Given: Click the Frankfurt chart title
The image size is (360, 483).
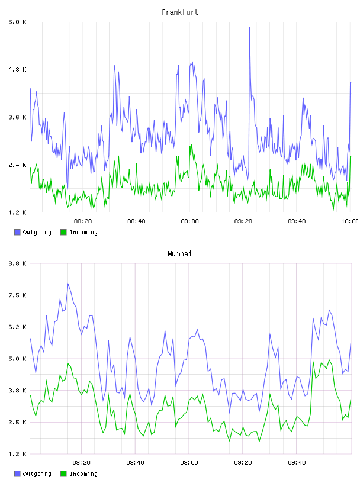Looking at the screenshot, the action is coord(180,12).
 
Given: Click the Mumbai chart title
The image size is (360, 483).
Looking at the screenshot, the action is coord(179,254).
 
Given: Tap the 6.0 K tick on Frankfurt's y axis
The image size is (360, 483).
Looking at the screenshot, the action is coord(17,22).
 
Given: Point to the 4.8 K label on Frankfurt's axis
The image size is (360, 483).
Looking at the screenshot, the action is coord(17,70).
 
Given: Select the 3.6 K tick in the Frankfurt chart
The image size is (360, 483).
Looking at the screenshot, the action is coord(17,117).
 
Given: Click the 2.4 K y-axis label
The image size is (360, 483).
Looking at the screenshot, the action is coord(17,165).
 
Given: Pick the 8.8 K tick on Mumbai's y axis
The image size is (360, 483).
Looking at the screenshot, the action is coord(17,263).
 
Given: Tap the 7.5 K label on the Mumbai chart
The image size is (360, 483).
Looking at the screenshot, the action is coord(17,295).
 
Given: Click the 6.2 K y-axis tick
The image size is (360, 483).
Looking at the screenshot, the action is coord(17,327).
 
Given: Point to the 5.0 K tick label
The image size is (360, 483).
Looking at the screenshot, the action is coord(17,359).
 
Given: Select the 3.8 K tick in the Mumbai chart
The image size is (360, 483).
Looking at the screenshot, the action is coord(17,391).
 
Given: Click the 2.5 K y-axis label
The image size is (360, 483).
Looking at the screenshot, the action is coord(17,422).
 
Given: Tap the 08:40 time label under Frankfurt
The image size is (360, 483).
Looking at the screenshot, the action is coord(136,221).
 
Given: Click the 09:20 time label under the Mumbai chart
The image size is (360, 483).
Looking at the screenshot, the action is coord(243,463).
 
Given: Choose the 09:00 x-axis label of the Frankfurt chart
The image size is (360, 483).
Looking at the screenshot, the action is coord(190,221).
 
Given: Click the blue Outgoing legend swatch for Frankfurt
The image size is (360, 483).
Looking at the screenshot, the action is coord(17,232).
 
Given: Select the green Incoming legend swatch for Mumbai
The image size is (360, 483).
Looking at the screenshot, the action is coord(63,474).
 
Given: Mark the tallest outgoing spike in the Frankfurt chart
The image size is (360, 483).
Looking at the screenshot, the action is coord(250,27).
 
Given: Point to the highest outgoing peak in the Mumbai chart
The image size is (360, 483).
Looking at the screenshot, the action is coord(68,284).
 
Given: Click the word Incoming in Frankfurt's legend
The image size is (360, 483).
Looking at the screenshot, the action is coord(83,233).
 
